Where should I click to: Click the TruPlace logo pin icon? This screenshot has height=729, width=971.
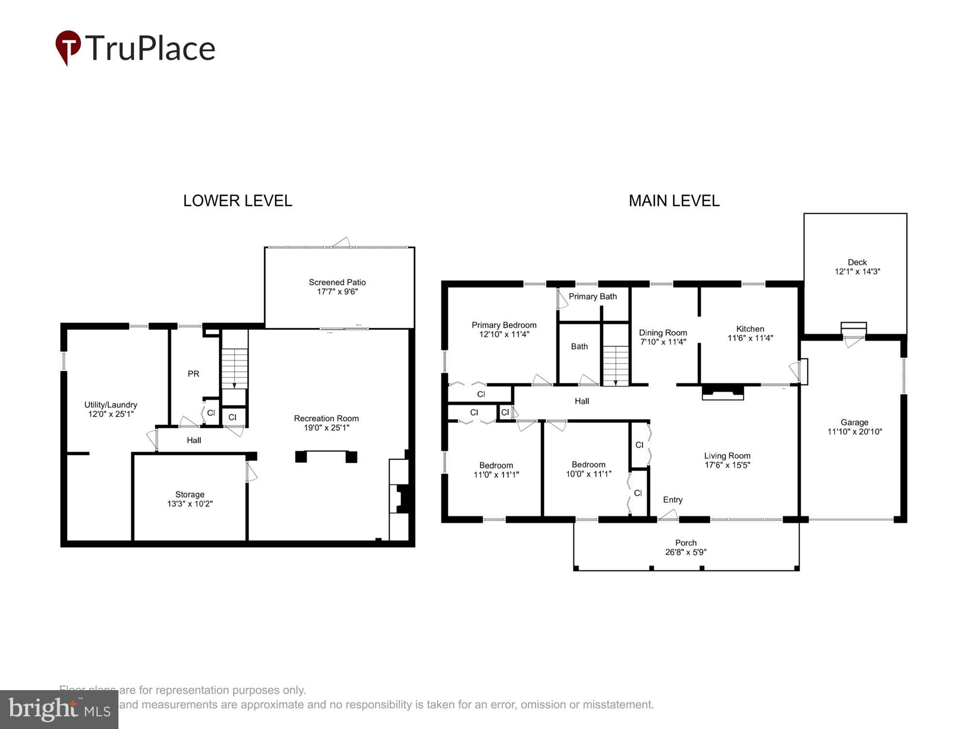click(68, 47)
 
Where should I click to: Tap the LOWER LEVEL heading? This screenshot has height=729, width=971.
click(237, 201)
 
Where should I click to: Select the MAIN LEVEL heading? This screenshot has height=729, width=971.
click(674, 201)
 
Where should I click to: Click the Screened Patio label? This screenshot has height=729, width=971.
click(337, 282)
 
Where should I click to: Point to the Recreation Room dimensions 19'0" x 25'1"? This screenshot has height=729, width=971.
click(326, 428)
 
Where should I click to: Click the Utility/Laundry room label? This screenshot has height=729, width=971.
click(111, 405)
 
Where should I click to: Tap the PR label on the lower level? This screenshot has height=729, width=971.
click(193, 374)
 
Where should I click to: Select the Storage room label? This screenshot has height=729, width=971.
click(189, 494)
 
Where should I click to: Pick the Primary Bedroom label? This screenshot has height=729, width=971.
click(504, 325)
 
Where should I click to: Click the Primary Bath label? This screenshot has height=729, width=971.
click(592, 296)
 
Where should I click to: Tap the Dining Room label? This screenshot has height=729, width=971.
click(663, 333)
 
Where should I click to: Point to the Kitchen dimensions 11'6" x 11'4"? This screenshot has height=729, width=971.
click(750, 338)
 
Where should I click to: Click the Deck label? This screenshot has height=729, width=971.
click(857, 262)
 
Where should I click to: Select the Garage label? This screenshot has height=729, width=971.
click(854, 422)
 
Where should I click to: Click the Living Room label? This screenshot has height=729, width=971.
click(727, 456)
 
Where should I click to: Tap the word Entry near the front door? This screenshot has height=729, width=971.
click(672, 500)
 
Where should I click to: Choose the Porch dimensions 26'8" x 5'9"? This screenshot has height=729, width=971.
click(686, 552)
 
